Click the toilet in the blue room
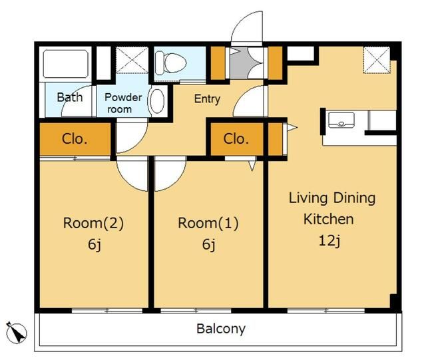[x=171, y=63]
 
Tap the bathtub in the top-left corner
[x=65, y=64]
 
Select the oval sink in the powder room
[x=157, y=101]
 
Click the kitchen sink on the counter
[x=341, y=120]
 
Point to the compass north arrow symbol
[x=16, y=332]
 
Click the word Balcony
[x=221, y=329]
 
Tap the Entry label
[x=207, y=99]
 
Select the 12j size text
[x=329, y=241]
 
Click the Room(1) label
[x=208, y=223]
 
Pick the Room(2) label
[x=93, y=223]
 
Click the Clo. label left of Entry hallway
[x=75, y=139]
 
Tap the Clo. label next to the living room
[x=236, y=139]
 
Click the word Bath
[x=70, y=97]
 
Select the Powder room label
[x=123, y=103]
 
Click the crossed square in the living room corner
[x=377, y=60]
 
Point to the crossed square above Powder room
[x=132, y=60]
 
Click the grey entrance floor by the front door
[x=242, y=63]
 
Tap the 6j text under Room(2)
[x=95, y=245]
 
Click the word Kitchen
[x=329, y=219]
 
